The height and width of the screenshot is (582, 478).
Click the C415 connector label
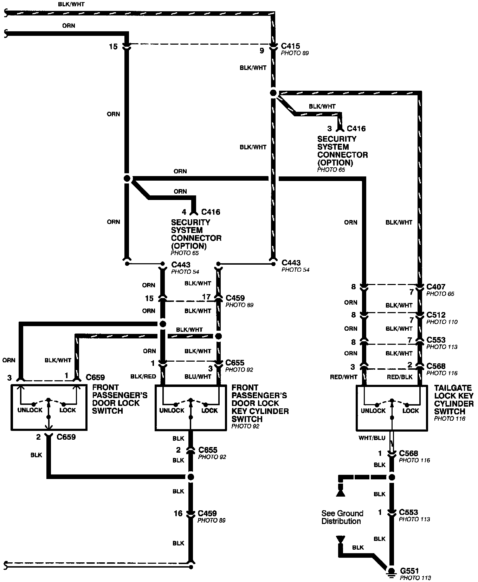(x=291, y=46)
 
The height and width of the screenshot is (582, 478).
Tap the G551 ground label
(x=409, y=571)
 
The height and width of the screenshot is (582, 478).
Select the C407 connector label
(x=436, y=287)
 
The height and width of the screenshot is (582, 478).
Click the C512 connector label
(x=436, y=315)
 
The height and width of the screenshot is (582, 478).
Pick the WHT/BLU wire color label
(x=372, y=438)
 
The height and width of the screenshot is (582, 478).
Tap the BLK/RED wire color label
(x=143, y=376)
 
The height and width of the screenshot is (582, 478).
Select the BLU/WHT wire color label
(x=198, y=376)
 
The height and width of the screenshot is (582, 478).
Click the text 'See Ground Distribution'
(x=342, y=517)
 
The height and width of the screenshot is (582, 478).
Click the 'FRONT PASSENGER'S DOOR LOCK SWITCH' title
(x=119, y=399)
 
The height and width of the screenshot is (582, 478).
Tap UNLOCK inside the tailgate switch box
(x=373, y=411)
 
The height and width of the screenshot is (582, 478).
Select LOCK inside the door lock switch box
(x=68, y=410)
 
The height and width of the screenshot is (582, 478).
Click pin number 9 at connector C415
(x=262, y=51)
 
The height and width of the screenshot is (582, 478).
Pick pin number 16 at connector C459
(x=178, y=513)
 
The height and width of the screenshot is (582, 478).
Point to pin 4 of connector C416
(x=184, y=212)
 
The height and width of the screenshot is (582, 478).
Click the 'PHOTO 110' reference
(x=442, y=322)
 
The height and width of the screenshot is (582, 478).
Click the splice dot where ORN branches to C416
(x=127, y=179)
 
